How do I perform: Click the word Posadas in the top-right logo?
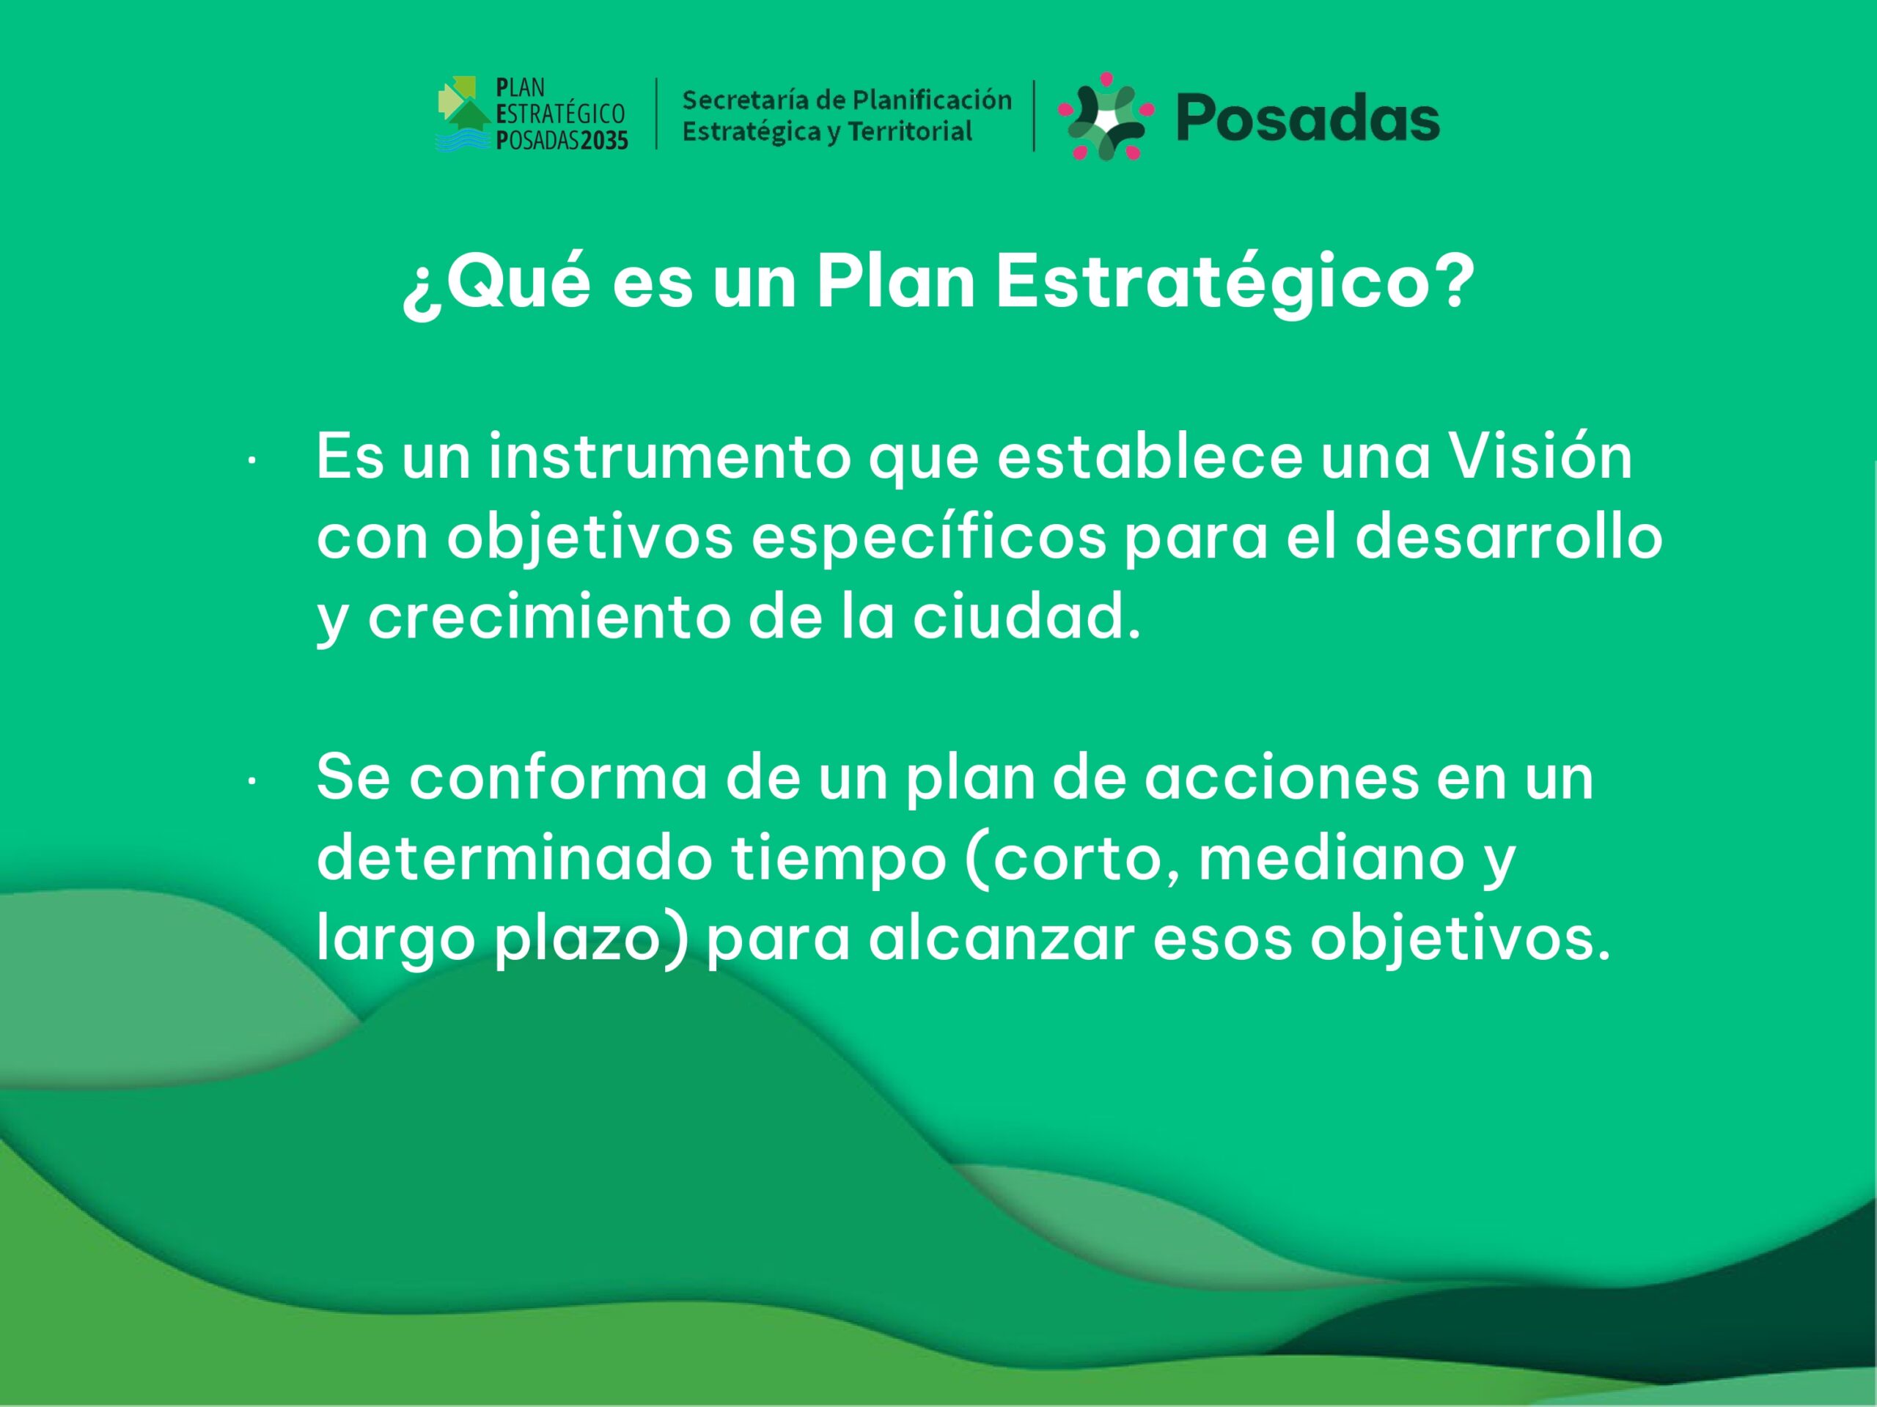point(1307,118)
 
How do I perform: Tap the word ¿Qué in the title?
point(496,284)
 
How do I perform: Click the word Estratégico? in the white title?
point(1235,285)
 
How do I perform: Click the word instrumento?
point(669,457)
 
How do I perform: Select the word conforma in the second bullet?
point(559,777)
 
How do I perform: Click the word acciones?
point(1282,777)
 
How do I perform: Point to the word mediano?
point(1331,857)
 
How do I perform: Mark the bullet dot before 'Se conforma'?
point(252,783)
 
